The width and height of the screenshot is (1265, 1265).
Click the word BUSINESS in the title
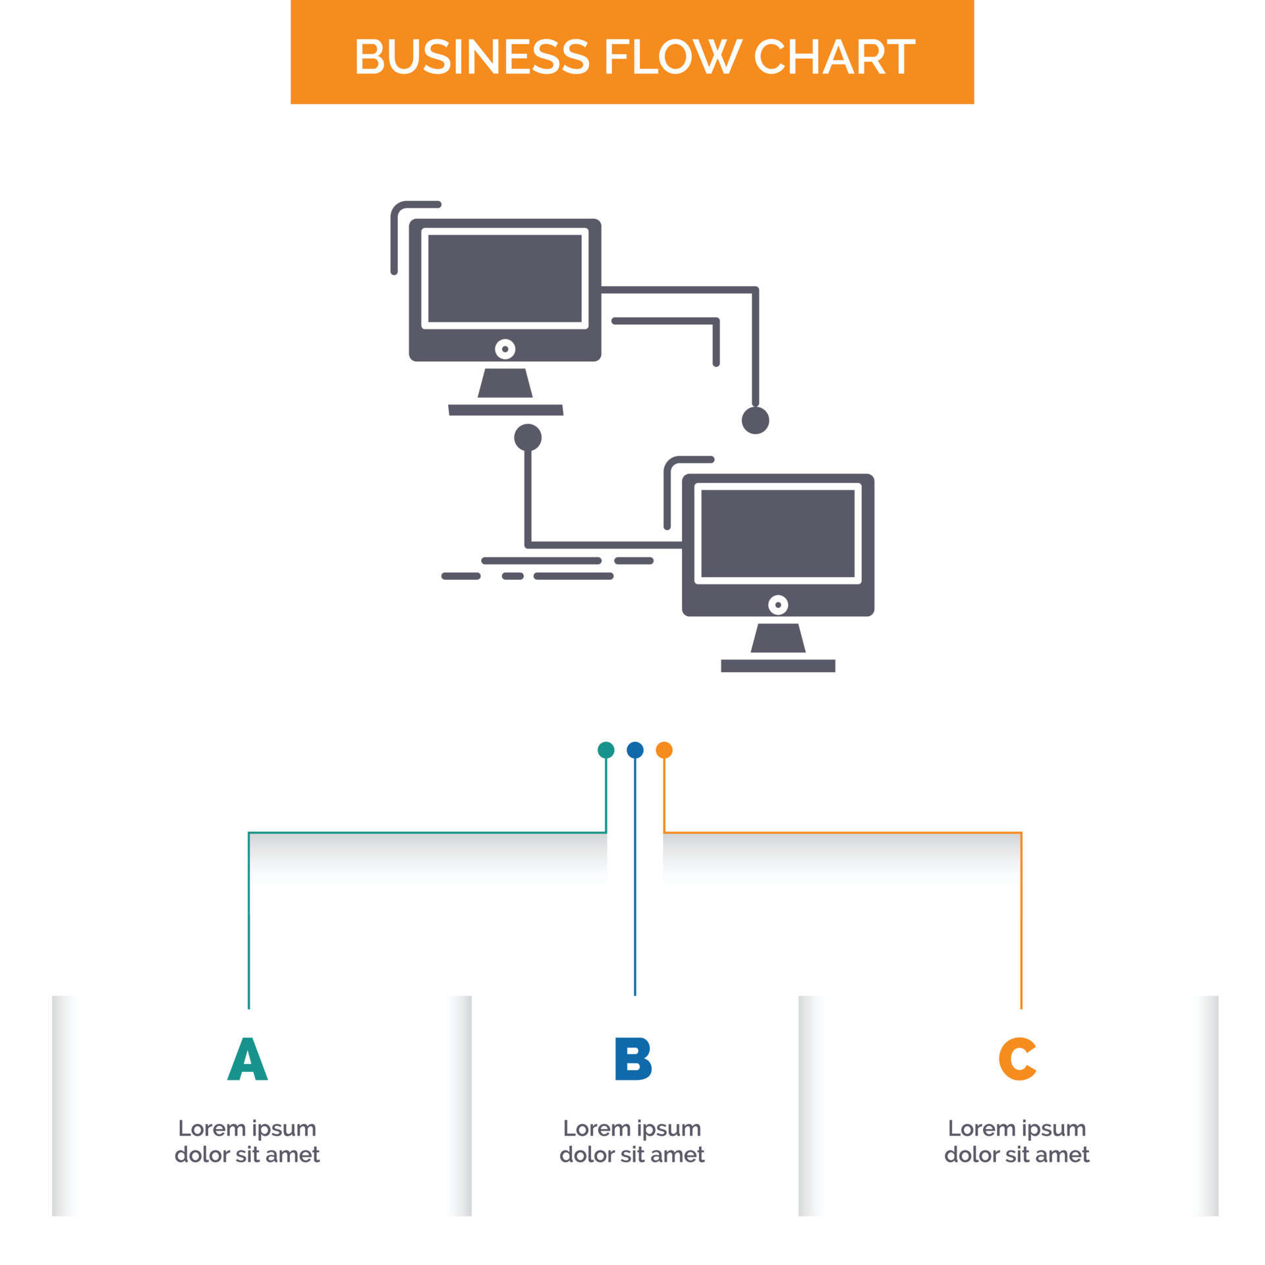[x=472, y=57]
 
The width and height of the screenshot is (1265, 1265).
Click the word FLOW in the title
[x=673, y=57]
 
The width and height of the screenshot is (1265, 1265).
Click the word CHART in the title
[x=834, y=57]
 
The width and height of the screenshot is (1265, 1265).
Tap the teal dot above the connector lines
[x=605, y=750]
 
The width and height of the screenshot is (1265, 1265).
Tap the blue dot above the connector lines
[x=634, y=750]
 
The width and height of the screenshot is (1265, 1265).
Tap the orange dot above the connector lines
[x=664, y=750]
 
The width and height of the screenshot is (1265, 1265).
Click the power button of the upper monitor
[x=505, y=349]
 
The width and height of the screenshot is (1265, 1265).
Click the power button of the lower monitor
[x=778, y=605]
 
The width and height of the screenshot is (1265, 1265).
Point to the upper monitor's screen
[x=505, y=278]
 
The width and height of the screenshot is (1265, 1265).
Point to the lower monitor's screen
[x=777, y=534]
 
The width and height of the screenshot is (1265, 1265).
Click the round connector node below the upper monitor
[x=528, y=437]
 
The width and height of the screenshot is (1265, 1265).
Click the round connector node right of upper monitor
[x=755, y=420]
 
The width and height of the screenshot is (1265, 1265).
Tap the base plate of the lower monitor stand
[x=777, y=665]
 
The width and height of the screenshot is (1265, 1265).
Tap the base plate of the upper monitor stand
[x=505, y=410]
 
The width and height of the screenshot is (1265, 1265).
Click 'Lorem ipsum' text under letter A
[x=247, y=1129]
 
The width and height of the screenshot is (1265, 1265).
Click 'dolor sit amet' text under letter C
[x=1017, y=1155]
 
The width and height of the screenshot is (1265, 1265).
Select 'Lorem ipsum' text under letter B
[x=632, y=1129]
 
